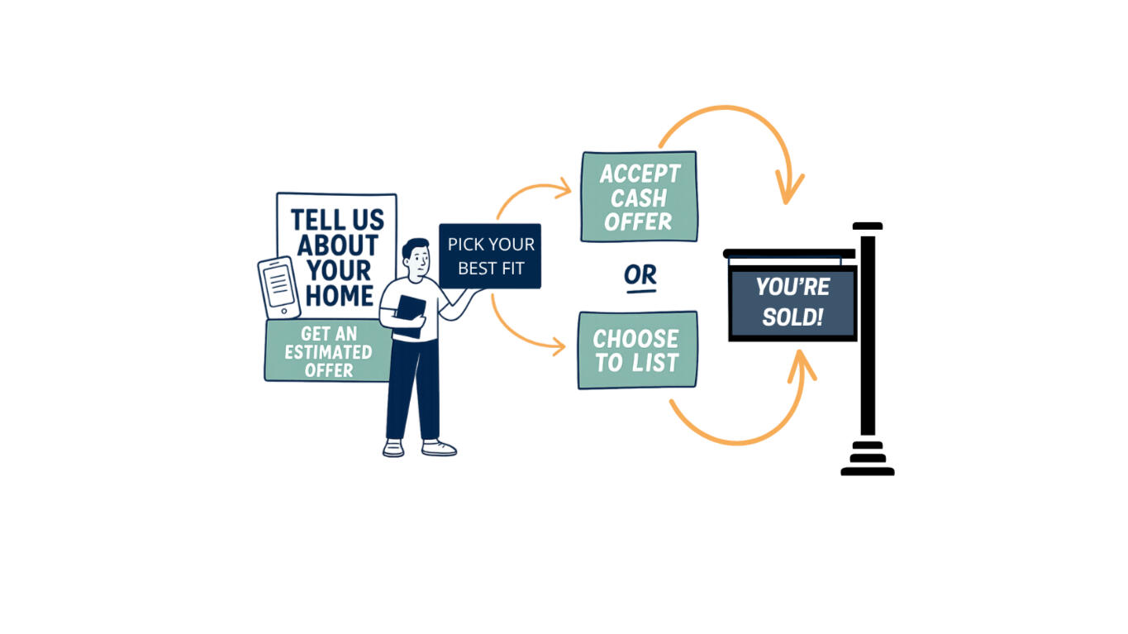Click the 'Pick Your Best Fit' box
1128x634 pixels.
(490, 255)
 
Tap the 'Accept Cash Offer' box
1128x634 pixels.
(639, 197)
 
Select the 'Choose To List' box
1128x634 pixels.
(637, 350)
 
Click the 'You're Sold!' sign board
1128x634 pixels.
(792, 303)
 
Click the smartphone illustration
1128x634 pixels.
(279, 287)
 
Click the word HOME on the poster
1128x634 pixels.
(339, 295)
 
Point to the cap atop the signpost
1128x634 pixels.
(868, 226)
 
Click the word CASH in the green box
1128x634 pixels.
(639, 198)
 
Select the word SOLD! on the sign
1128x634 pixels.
(792, 317)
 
